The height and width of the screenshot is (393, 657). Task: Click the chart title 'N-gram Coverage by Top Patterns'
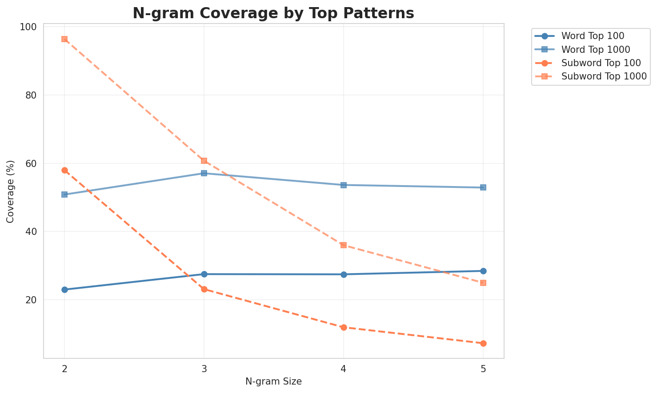point(273,13)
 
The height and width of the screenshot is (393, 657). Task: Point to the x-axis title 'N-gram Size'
point(273,381)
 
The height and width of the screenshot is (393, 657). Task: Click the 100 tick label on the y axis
point(29,27)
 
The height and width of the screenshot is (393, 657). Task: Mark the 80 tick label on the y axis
point(32,95)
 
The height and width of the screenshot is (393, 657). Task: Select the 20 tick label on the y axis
point(32,300)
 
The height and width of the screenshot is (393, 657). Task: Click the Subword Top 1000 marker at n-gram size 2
point(64,39)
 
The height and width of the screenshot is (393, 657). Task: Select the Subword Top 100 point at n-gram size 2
point(64,170)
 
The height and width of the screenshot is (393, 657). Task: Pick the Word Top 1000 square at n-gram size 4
point(344,185)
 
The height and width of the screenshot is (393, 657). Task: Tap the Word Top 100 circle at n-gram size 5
point(483,271)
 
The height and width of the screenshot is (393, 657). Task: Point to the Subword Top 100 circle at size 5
point(483,343)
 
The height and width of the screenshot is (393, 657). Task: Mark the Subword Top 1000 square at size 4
point(344,245)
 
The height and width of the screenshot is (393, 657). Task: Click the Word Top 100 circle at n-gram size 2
point(64,290)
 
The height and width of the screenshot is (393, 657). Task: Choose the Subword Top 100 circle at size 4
point(344,327)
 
